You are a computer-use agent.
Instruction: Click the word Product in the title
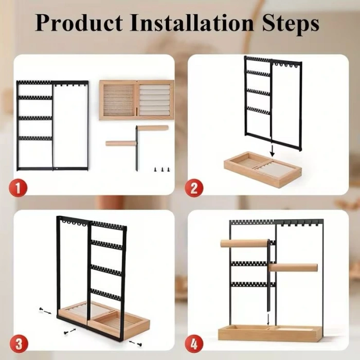pyautogui.click(x=79, y=23)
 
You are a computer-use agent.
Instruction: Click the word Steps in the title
pyautogui.click(x=291, y=24)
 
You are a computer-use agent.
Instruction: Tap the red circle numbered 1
pyautogui.click(x=18, y=188)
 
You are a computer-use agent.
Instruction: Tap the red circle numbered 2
pyautogui.click(x=194, y=188)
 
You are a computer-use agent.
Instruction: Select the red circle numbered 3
pyautogui.click(x=19, y=344)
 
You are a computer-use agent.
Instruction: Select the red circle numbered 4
pyautogui.click(x=194, y=344)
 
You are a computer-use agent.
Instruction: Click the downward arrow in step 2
pyautogui.click(x=272, y=150)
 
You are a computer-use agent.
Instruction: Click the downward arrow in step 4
pyautogui.click(x=268, y=319)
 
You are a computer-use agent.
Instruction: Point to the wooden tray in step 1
pyautogui.click(x=137, y=100)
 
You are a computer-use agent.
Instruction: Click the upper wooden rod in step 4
pyautogui.click(x=244, y=243)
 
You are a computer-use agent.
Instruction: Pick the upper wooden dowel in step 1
pyautogui.click(x=153, y=128)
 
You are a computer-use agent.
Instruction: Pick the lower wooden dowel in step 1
pyautogui.click(x=121, y=143)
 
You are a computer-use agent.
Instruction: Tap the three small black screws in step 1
pyautogui.click(x=163, y=169)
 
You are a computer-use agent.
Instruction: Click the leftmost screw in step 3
pyautogui.click(x=41, y=309)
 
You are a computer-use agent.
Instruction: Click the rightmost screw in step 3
pyautogui.click(x=139, y=345)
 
